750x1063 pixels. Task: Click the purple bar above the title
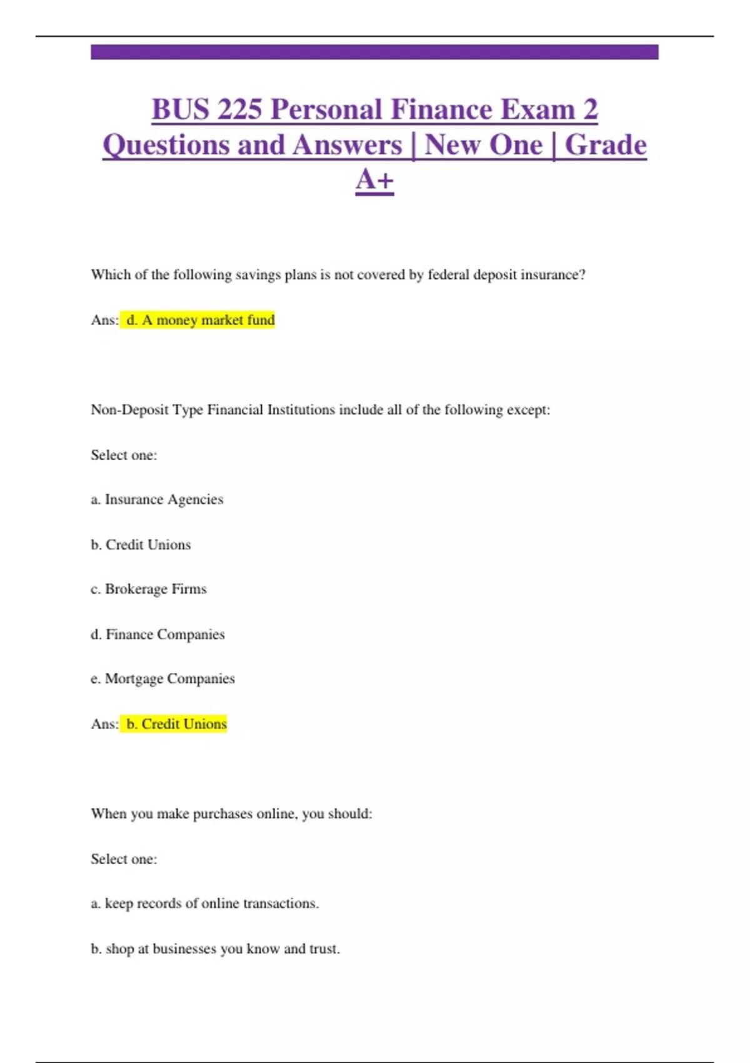[374, 52]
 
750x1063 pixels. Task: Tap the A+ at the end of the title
[374, 180]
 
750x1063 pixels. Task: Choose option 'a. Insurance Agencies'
[157, 500]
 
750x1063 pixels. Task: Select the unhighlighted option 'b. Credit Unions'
[141, 545]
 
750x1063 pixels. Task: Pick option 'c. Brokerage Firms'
[149, 589]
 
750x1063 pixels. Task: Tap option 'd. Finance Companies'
[157, 634]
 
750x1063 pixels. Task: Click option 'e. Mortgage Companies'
[162, 679]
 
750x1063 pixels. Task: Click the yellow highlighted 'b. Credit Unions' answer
[176, 724]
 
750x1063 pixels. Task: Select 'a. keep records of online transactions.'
[204, 904]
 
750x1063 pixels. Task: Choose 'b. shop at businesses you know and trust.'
[215, 949]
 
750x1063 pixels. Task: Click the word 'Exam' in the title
[537, 110]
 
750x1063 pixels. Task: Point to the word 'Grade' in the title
[605, 145]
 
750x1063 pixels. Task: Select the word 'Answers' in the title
[347, 145]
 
